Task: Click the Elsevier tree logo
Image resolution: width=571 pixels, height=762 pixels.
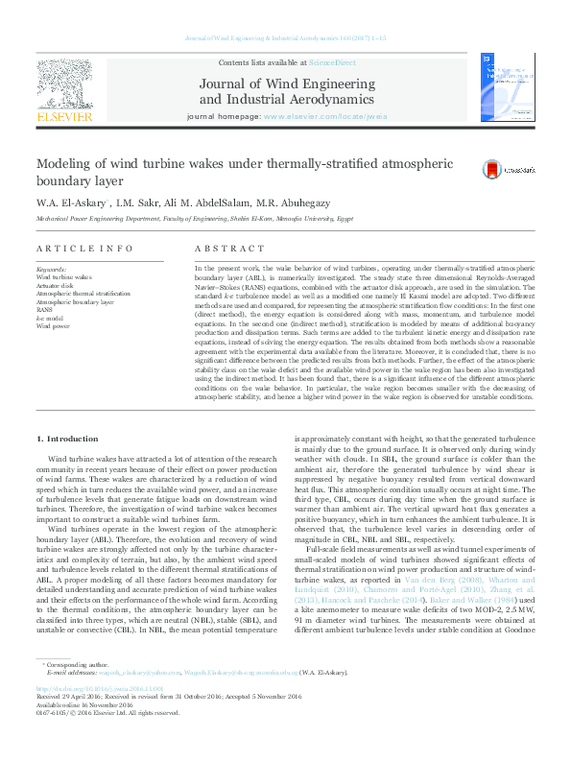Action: [x=64, y=83]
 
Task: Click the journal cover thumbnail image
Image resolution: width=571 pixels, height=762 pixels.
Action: [x=500, y=87]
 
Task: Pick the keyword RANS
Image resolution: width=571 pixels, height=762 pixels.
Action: [x=45, y=309]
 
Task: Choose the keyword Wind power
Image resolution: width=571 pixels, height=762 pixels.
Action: [x=53, y=326]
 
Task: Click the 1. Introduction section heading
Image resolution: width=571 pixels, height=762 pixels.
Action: [x=65, y=438]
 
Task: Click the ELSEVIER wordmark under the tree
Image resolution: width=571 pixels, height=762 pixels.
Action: [x=64, y=116]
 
